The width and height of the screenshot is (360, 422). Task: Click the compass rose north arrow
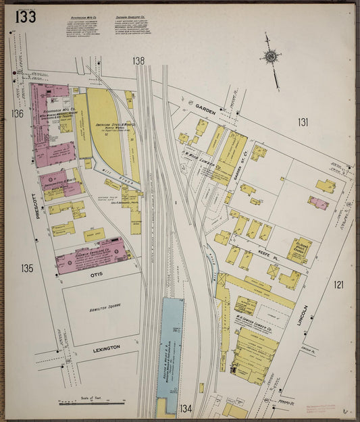[272, 58]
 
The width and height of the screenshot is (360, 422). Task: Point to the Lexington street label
[106, 348]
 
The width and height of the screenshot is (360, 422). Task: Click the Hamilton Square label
[100, 308]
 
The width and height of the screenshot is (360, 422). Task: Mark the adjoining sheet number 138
[139, 61]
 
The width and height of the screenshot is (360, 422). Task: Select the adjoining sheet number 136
[17, 113]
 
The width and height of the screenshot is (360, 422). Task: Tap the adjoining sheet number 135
[26, 268]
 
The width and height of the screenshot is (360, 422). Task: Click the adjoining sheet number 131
[303, 122]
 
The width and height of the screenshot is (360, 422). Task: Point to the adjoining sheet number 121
[338, 284]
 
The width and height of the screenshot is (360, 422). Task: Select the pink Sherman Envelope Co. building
[92, 257]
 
